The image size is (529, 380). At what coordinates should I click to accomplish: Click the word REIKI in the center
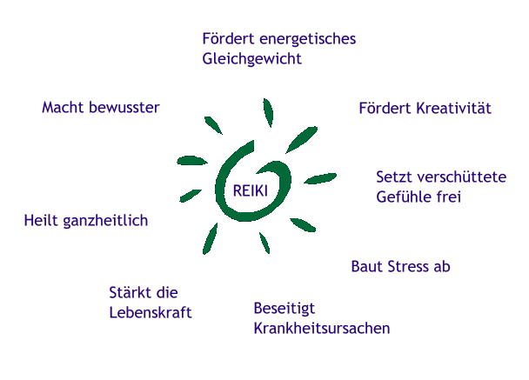[x=251, y=191]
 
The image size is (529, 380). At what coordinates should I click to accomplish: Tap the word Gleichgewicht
[x=251, y=59]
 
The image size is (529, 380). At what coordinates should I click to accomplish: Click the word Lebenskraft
[x=151, y=312]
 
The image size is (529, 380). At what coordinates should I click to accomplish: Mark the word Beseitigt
[x=284, y=309]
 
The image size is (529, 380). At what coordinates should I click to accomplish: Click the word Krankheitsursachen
[x=322, y=329]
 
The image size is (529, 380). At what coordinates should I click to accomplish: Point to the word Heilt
[x=42, y=221]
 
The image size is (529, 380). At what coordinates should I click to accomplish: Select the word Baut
[x=365, y=266]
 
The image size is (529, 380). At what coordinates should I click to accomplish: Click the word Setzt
[x=393, y=177]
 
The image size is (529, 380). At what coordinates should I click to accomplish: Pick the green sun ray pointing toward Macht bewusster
[x=212, y=124]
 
